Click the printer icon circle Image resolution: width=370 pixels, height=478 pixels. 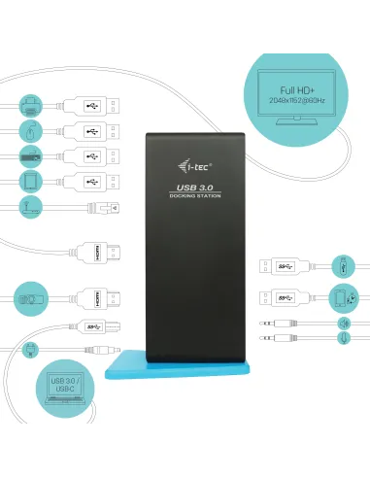(30, 104)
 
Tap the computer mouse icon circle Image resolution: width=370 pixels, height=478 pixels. (30, 130)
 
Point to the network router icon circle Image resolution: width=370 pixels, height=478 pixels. (30, 207)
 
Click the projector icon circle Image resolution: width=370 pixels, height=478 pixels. (30, 298)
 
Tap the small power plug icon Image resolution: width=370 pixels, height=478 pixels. (30, 347)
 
